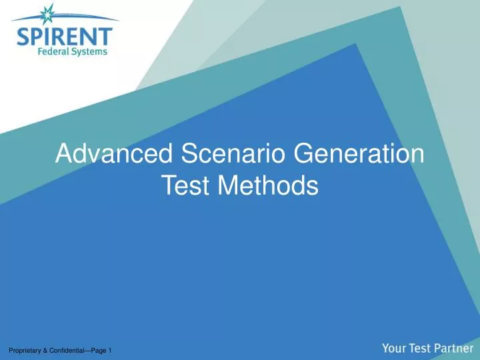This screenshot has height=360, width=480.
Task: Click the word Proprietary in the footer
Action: pos(25,351)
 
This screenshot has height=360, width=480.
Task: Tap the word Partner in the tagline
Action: pos(453,347)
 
